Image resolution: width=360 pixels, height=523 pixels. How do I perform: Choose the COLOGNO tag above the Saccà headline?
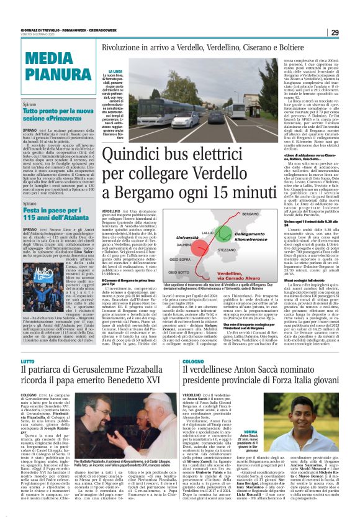pyautogui.click(x=194, y=343)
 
